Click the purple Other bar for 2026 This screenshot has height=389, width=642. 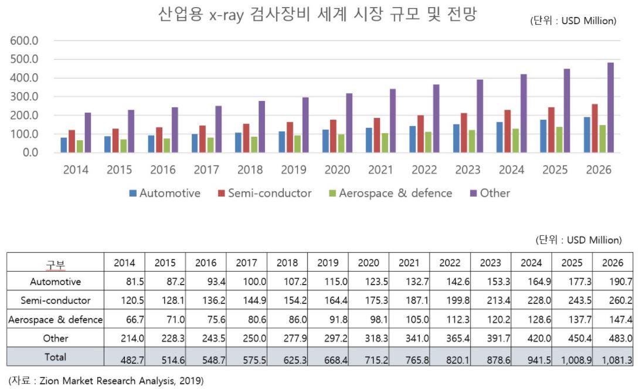tap(610, 107)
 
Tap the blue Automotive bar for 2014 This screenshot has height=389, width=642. tap(64, 145)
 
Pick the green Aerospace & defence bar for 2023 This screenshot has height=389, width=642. tap(473, 141)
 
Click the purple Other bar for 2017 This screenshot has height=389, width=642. tap(218, 129)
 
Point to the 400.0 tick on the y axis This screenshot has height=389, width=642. tap(24, 78)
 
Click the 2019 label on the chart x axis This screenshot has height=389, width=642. tap(293, 170)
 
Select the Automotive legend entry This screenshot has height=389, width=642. tap(164, 193)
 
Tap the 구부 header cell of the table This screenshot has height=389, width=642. tap(56, 263)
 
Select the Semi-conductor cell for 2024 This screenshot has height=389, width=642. tap(532, 300)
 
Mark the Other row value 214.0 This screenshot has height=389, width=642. tap(124, 338)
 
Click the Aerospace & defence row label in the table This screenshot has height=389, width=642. tap(56, 320)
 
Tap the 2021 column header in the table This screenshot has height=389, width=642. tap(409, 263)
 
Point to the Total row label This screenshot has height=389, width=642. tap(56, 357)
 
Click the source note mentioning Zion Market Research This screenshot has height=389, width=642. tap(106, 381)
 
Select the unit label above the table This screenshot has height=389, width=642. tap(578, 240)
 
